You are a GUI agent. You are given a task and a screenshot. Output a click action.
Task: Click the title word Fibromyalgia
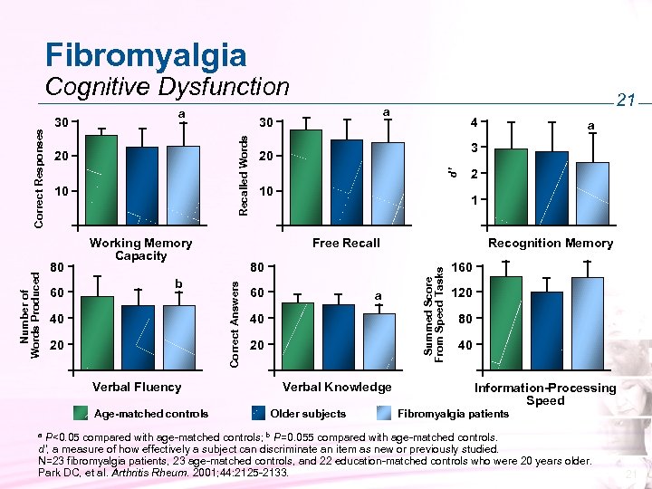click(x=145, y=54)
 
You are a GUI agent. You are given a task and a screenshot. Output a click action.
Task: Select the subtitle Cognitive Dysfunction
click(x=167, y=87)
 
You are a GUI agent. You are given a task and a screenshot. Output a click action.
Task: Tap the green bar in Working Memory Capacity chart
click(x=101, y=178)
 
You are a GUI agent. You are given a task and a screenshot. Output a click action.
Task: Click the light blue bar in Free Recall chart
click(x=388, y=182)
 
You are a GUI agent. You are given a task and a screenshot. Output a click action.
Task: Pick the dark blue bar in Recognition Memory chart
click(x=551, y=187)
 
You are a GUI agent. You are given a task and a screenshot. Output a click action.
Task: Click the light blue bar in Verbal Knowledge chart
click(x=379, y=342)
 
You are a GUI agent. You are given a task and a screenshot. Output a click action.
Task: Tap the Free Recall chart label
click(x=346, y=243)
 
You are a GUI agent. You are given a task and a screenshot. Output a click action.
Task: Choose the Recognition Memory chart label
click(x=550, y=243)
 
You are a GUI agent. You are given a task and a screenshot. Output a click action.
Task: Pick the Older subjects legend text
click(x=308, y=414)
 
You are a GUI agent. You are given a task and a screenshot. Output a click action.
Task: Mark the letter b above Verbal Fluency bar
click(x=178, y=284)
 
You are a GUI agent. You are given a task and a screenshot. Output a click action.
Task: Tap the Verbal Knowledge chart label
click(x=338, y=387)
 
